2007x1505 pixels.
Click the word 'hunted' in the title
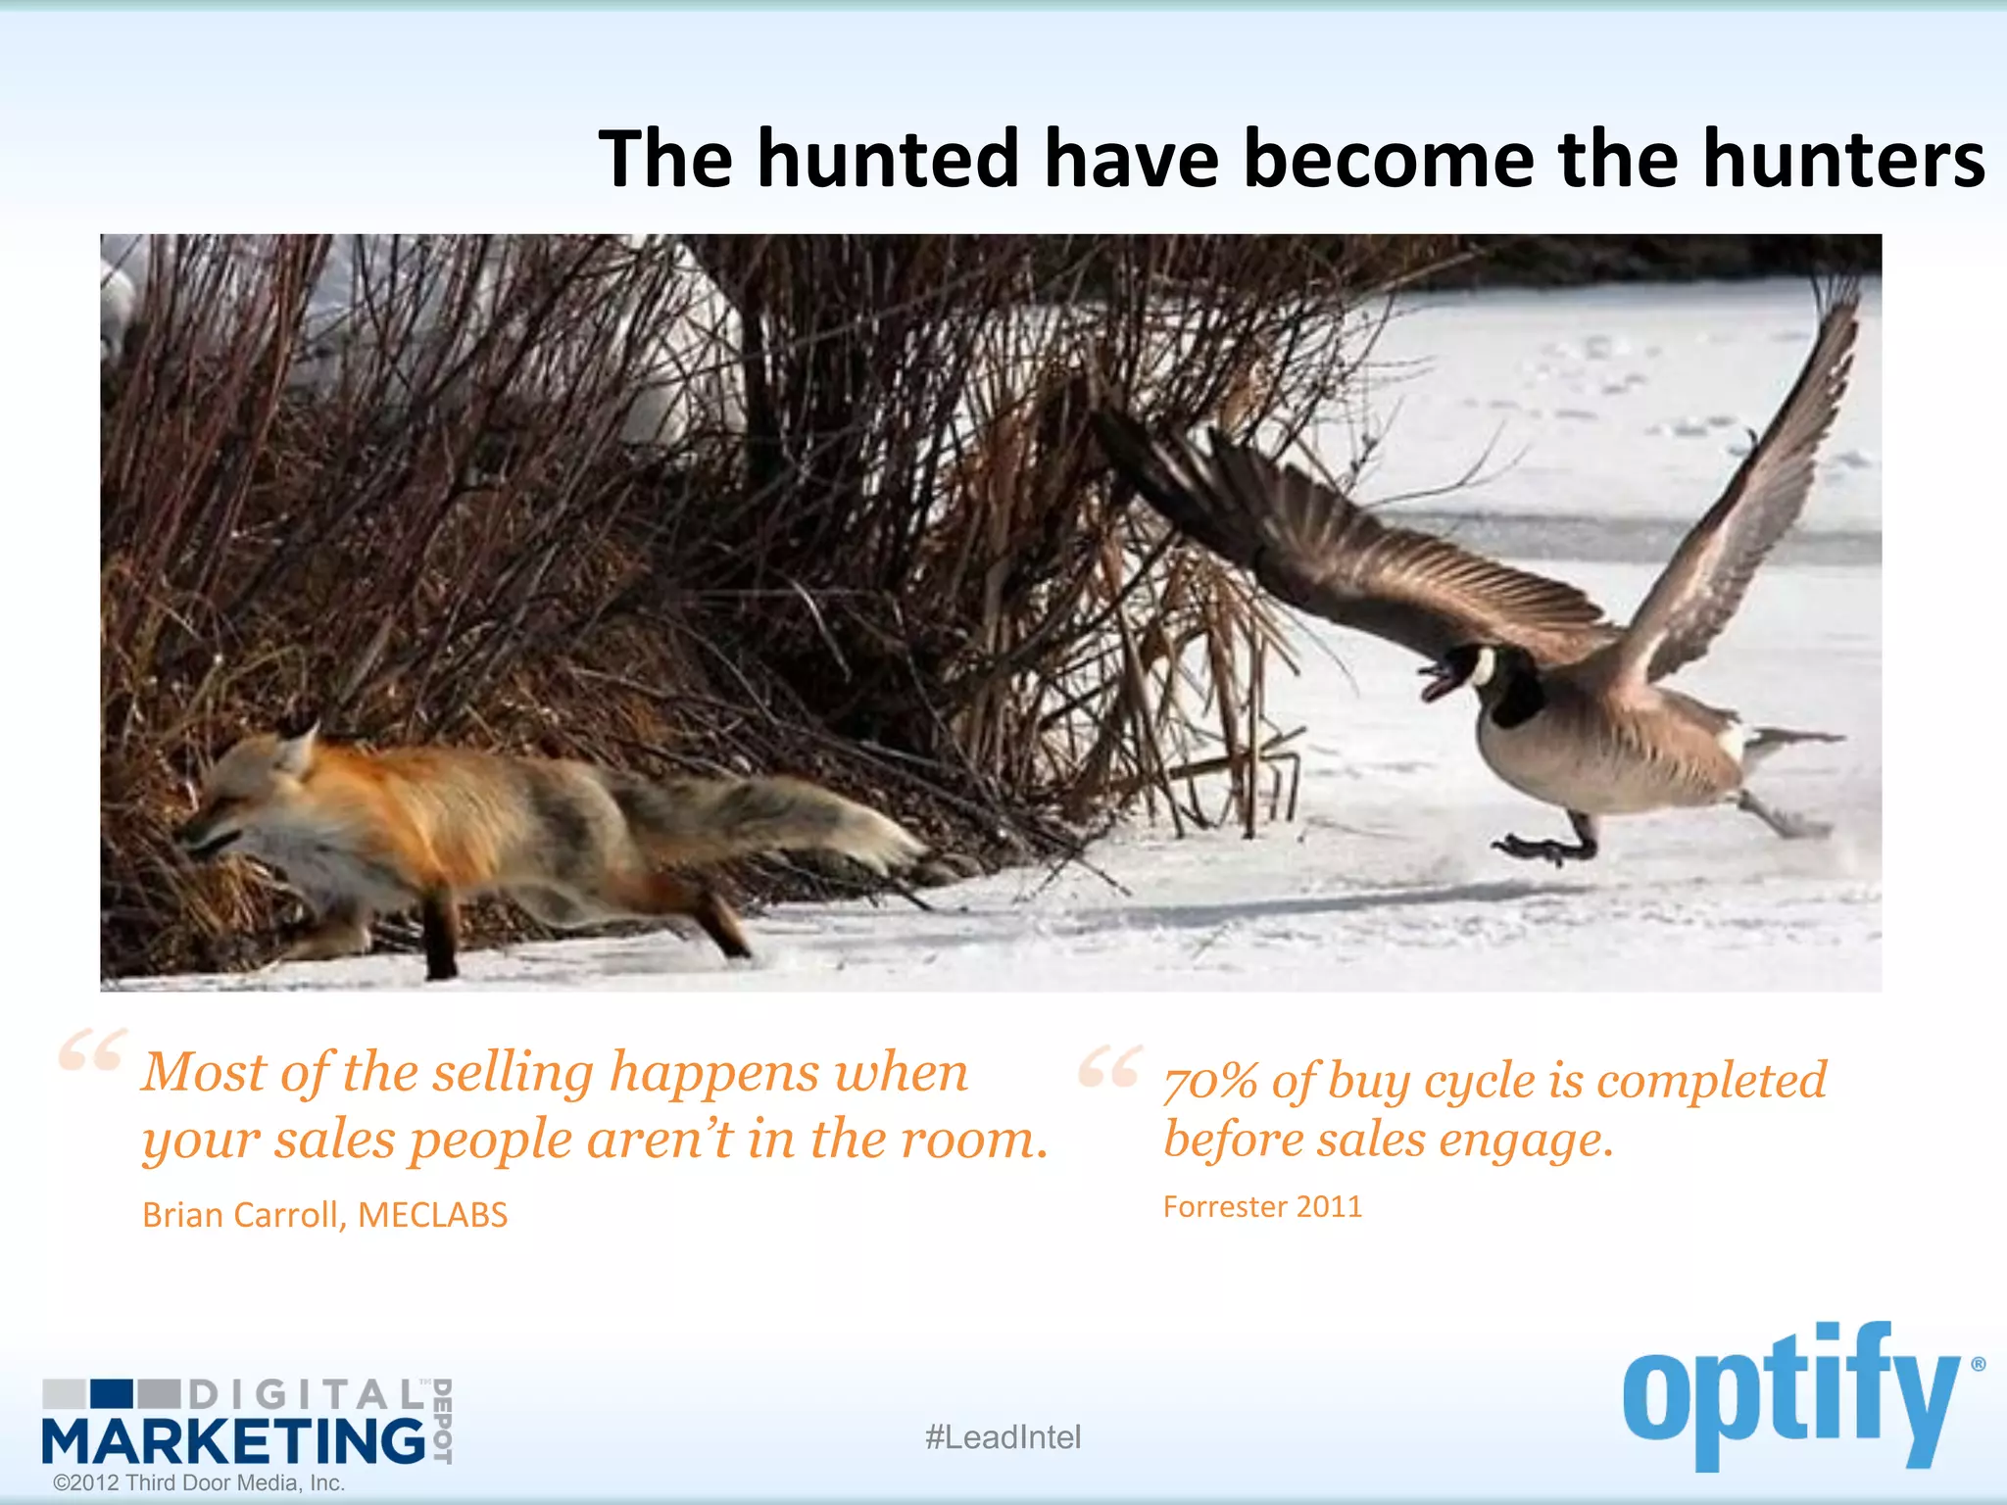(888, 159)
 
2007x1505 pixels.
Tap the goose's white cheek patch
(1483, 668)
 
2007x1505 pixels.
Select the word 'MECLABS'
(432, 1215)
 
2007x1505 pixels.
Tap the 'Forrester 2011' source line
(1262, 1206)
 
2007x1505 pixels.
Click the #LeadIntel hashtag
(1003, 1437)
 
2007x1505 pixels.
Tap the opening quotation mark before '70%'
(1108, 1066)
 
